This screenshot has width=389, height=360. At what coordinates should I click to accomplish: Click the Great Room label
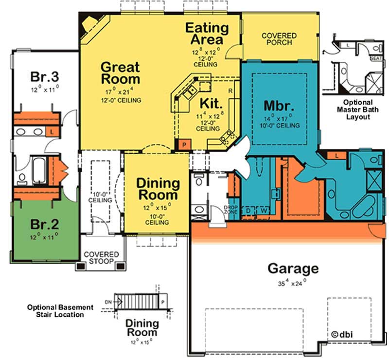click(121, 73)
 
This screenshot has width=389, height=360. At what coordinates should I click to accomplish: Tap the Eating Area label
click(207, 34)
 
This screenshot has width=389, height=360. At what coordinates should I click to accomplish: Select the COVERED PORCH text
click(279, 39)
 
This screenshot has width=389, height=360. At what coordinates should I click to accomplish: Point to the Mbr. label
click(279, 106)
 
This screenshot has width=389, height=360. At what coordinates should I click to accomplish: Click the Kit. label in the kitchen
click(211, 103)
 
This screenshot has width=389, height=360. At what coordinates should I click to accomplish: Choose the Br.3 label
click(45, 76)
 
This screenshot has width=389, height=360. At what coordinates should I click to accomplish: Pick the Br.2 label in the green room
click(45, 224)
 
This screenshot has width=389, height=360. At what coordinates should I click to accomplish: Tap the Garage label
click(293, 269)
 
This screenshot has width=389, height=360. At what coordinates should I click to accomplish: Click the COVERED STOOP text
click(101, 258)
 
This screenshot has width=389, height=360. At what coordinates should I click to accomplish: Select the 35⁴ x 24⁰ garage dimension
click(292, 283)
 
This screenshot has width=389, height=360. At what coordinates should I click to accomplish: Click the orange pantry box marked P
click(184, 144)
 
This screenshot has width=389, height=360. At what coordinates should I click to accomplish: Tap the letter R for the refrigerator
click(230, 91)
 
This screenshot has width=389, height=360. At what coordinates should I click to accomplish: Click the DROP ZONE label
click(230, 210)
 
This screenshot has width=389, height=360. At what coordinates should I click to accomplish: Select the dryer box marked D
click(248, 211)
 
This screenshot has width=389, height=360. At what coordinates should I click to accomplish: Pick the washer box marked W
click(264, 211)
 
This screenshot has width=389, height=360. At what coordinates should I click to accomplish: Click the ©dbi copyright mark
click(342, 334)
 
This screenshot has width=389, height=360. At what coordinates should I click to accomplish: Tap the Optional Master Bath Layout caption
click(358, 109)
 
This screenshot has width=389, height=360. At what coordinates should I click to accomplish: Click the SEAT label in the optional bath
click(376, 58)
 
